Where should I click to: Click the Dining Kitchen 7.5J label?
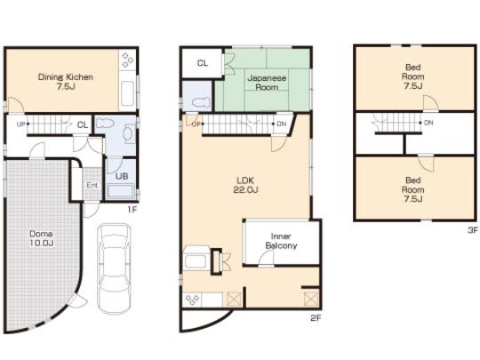[x=65, y=82]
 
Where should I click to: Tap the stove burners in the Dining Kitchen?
[x=127, y=60]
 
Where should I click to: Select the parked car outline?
[x=114, y=268]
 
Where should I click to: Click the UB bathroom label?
[x=122, y=176]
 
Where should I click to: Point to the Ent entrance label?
[x=92, y=185]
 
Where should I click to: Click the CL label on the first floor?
[x=81, y=125]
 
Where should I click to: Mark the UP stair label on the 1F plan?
[x=20, y=124]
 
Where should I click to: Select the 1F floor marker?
[x=130, y=210]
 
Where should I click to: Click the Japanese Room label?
[x=266, y=83]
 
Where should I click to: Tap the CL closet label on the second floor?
[x=203, y=62]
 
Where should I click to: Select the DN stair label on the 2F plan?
[x=281, y=124]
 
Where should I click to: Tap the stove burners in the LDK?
[x=192, y=300]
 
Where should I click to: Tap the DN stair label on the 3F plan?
[x=429, y=122]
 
